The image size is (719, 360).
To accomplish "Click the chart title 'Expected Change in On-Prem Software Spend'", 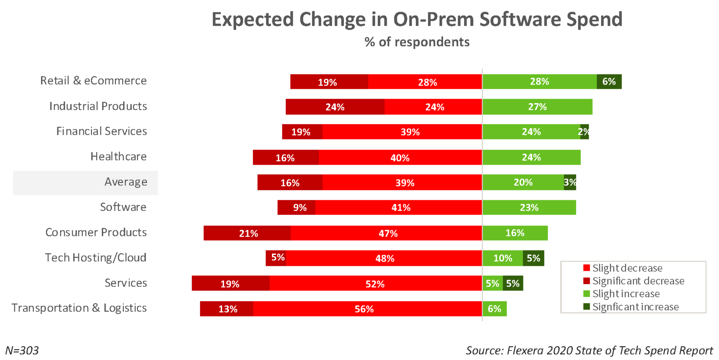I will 417,19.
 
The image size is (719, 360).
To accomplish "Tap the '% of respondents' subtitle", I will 417,42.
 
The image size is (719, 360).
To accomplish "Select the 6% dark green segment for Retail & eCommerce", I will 609,81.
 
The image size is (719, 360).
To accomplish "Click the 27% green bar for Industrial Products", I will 537,107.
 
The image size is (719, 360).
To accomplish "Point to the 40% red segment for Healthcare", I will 400,157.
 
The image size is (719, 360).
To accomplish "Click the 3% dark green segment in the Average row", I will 570,182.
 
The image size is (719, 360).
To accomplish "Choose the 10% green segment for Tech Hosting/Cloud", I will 502,258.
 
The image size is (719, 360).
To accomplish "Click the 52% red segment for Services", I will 375,283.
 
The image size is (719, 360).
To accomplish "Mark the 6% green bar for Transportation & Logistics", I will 494,309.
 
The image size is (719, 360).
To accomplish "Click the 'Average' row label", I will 126,182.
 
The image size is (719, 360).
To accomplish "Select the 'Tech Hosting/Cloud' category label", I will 95,257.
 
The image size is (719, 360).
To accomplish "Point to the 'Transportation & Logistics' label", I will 79,308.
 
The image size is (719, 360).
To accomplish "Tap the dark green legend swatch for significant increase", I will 586,307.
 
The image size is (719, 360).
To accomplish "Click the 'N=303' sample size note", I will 22,350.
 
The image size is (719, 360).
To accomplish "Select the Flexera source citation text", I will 589,350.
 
